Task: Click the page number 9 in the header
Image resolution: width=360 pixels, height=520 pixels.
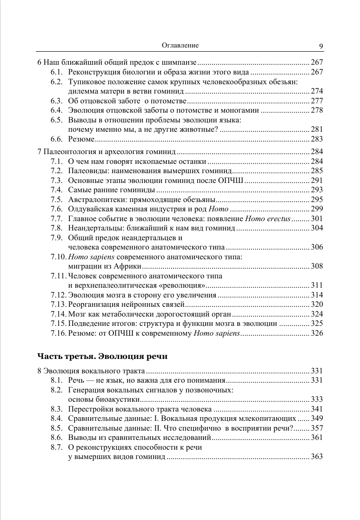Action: click(x=321, y=46)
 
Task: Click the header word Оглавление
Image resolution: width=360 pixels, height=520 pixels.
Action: click(x=180, y=45)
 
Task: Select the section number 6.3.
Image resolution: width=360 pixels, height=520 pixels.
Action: click(x=57, y=101)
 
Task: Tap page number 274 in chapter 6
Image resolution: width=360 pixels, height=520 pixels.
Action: click(x=317, y=91)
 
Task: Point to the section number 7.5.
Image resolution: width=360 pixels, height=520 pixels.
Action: click(x=57, y=199)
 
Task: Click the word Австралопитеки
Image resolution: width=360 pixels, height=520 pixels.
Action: click(x=93, y=199)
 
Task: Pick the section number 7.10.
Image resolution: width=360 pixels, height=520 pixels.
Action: click(x=59, y=257)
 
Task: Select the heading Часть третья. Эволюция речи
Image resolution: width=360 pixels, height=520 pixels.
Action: click(x=102, y=357)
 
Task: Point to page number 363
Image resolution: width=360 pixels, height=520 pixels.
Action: click(x=317, y=457)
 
